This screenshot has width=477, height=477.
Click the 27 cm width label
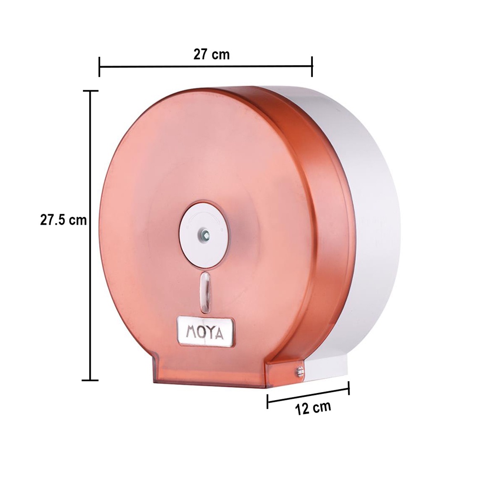tap(211, 55)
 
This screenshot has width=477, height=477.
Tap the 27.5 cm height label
tap(63, 220)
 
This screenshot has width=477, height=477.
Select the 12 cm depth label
tap(313, 408)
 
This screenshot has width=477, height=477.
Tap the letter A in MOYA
tap(219, 334)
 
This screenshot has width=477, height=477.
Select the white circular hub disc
tap(204, 234)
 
